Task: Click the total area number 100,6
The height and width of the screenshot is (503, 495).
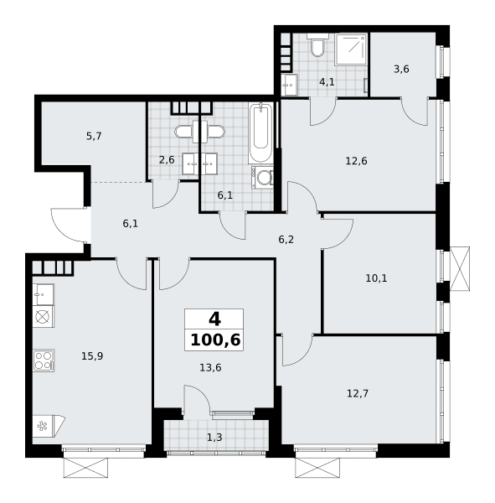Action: coord(215,340)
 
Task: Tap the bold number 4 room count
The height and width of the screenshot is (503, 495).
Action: coord(214,319)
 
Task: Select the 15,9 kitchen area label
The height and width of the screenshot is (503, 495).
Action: coord(92,355)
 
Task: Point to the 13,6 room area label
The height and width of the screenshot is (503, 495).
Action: coord(210,368)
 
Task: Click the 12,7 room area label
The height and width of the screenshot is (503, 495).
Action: coord(358,393)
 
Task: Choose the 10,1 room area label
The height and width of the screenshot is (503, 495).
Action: coord(376,278)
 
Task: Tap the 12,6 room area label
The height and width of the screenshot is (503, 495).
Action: coord(356,161)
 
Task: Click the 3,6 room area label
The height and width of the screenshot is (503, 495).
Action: coord(401,69)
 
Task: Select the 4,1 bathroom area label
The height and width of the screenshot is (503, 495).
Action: coord(327,82)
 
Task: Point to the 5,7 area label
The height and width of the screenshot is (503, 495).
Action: coord(94,137)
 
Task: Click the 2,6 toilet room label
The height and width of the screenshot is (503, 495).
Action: coord(167,160)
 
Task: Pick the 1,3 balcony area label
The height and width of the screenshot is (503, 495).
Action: coord(214,438)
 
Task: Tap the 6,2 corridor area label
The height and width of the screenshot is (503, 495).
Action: coord(286,239)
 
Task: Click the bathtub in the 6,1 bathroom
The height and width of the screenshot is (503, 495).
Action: coord(261,132)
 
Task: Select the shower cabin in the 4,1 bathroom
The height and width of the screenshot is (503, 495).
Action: coord(351,49)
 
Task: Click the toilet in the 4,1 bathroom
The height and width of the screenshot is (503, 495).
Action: coord(317,45)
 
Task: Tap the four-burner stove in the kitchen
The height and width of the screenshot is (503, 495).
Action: coord(44,360)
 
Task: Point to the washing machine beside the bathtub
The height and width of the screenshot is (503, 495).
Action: coord(262,178)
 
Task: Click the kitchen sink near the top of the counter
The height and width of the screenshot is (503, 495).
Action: coord(44,294)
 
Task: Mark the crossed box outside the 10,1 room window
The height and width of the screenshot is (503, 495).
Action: coord(460,269)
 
